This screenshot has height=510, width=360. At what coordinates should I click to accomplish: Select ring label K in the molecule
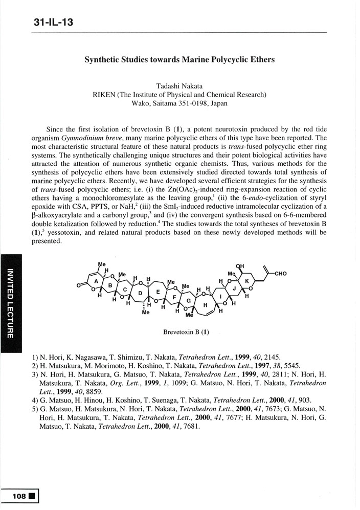[246, 281]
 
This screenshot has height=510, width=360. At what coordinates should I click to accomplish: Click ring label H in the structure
[206, 305]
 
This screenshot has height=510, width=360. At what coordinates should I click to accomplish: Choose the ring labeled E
[159, 292]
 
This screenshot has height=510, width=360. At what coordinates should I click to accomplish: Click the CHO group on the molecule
[281, 274]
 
